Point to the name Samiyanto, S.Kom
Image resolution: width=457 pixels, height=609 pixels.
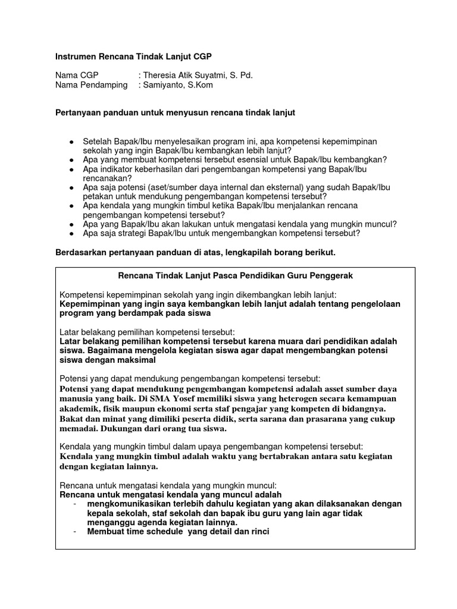pos(177,85)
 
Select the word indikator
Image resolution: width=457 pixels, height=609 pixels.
pos(119,169)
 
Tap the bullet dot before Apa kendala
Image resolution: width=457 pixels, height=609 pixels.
pos(72,206)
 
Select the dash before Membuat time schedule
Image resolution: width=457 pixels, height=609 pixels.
pos(76,531)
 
